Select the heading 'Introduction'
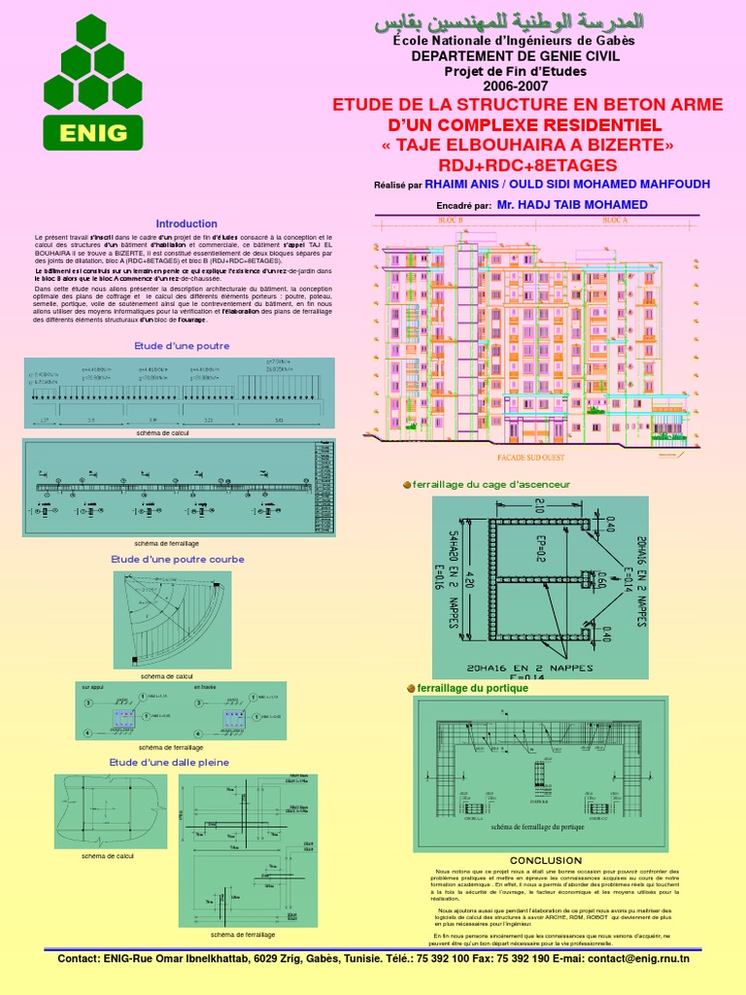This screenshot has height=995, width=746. [186, 223]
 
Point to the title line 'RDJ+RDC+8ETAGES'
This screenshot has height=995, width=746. [514, 163]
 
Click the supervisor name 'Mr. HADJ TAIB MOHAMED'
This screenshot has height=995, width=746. [571, 205]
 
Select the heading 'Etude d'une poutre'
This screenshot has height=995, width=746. [182, 345]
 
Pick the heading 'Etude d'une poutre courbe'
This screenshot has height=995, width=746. [178, 559]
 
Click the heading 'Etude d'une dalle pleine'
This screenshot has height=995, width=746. [169, 762]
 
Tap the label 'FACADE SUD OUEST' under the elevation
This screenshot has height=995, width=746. [533, 457]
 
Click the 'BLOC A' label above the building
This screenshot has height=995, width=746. [616, 222]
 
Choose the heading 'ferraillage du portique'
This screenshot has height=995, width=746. [473, 687]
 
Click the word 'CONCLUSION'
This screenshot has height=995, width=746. [546, 861]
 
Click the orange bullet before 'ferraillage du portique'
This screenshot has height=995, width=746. [411, 688]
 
